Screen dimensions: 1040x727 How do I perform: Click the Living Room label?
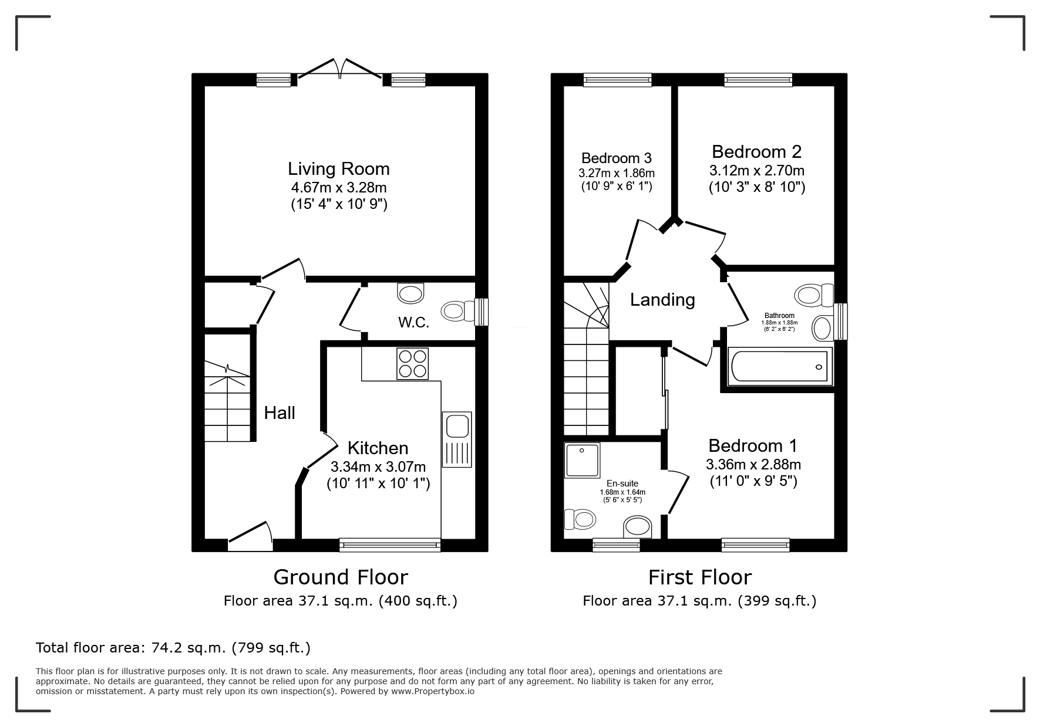point(339,169)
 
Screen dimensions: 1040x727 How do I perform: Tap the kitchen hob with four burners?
point(412,364)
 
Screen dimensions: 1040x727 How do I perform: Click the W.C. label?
point(414,322)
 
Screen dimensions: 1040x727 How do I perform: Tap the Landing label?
point(662,300)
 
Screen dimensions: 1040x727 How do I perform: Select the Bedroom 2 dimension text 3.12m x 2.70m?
point(757,171)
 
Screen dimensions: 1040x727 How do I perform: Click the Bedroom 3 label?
point(617,158)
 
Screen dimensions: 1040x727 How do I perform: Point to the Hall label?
point(280,413)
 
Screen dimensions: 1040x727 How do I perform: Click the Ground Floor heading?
point(341,577)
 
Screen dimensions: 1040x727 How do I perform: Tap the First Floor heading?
point(699,577)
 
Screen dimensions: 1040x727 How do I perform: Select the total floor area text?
point(173,648)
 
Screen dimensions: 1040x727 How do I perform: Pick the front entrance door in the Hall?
point(250,535)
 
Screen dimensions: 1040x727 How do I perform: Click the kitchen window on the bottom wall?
point(390,545)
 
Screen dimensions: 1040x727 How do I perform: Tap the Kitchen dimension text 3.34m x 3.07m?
point(378,467)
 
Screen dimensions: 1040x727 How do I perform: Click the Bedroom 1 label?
point(753,446)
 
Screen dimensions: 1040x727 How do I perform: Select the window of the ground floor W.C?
point(482,312)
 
